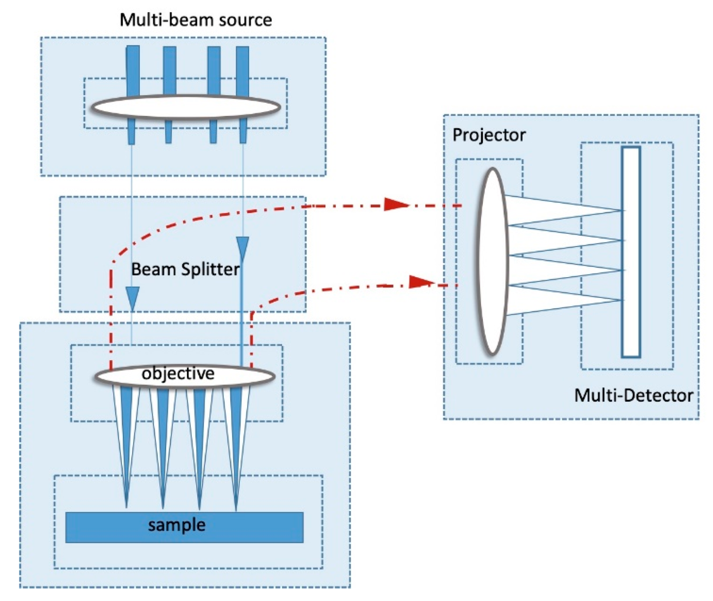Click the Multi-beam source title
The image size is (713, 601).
point(196,20)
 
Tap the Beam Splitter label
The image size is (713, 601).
point(185,269)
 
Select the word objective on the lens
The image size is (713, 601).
point(178,373)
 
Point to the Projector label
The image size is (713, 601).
point(488,135)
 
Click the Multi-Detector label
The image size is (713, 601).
point(633,395)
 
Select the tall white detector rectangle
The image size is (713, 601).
point(631,252)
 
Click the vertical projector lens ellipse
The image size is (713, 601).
point(492,261)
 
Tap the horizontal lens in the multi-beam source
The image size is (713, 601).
point(185,107)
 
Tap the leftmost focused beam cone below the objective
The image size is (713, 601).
point(126,432)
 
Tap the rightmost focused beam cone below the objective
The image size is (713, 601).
point(236,432)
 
